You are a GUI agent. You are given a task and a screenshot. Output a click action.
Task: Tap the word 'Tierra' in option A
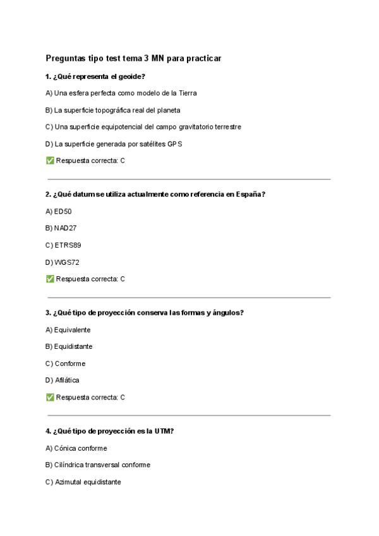coord(186,93)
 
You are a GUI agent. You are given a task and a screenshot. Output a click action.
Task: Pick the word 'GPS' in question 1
coord(175,144)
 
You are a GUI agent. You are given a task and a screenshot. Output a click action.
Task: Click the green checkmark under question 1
coord(50,161)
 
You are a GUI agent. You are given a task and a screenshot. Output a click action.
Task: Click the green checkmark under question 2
coord(50,279)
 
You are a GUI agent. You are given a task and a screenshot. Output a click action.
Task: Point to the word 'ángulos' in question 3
coord(227,313)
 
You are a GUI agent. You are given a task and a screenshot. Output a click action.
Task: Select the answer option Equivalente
coord(72,330)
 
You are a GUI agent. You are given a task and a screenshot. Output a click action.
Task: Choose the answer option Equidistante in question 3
coord(73,346)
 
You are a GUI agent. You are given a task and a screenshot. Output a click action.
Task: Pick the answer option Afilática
coord(67,381)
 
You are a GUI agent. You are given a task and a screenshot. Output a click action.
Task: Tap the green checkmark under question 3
coord(50,398)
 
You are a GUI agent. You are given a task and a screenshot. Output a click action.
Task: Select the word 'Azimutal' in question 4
coord(69,482)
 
